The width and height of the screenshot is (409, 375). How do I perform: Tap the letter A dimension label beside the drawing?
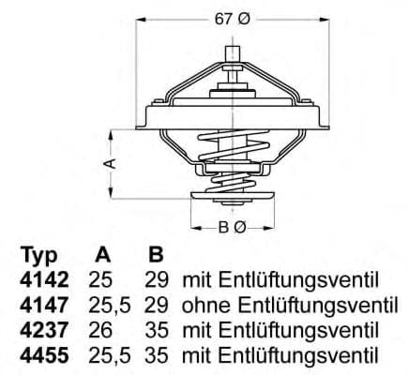click(110, 162)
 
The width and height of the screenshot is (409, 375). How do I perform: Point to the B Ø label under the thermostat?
click(233, 226)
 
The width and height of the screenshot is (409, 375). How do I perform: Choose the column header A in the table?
click(103, 255)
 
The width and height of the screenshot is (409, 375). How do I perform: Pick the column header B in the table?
click(155, 255)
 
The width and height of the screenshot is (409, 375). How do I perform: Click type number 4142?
click(41, 279)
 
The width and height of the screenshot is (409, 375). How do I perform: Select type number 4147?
click(41, 305)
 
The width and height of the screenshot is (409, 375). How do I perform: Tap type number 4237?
click(41, 330)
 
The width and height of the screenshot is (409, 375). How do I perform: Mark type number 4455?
click(41, 354)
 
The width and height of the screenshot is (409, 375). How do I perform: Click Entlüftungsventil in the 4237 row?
click(299, 330)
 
